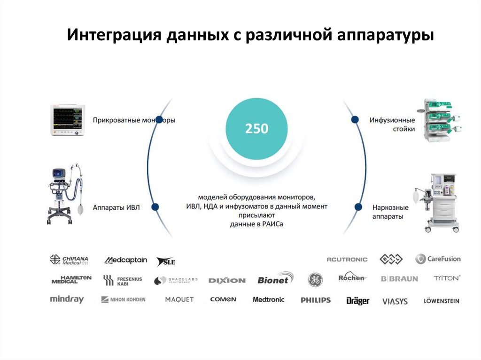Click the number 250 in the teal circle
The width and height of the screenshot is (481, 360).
click(x=256, y=128)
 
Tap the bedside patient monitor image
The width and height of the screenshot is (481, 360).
click(x=67, y=121)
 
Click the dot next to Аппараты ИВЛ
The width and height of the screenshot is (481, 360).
click(x=155, y=207)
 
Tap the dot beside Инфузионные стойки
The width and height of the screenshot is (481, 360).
click(x=356, y=120)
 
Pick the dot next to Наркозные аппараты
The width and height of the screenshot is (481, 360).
click(x=358, y=207)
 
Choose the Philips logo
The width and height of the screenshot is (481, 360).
click(x=316, y=300)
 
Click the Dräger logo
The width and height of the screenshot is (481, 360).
click(x=358, y=301)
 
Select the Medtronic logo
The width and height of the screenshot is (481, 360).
click(x=268, y=299)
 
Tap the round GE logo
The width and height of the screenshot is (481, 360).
click(x=315, y=280)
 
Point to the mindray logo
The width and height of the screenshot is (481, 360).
click(x=67, y=299)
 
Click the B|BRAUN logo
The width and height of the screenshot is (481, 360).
click(x=399, y=279)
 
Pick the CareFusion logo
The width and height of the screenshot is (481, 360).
click(x=438, y=259)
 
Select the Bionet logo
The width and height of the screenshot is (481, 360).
click(x=275, y=279)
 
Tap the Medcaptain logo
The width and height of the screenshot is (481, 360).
click(x=125, y=260)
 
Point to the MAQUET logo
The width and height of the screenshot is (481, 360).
click(x=179, y=299)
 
